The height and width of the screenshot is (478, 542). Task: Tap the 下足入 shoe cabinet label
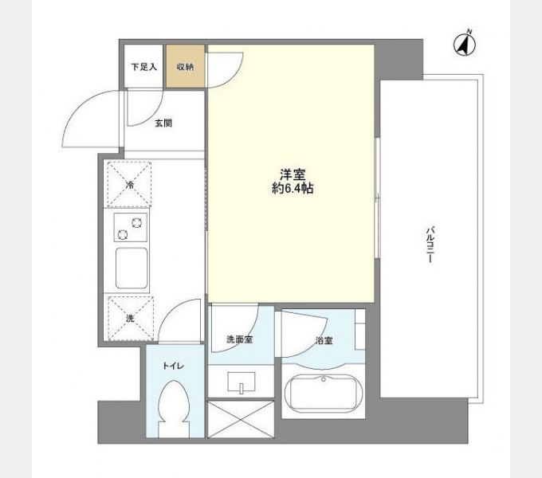pos(144,67)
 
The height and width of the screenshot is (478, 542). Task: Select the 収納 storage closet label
pos(186,67)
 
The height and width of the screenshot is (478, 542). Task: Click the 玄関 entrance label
pos(163,123)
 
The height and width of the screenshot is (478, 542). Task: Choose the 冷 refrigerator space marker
pos(130,185)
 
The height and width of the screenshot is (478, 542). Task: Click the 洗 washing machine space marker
pos(130,318)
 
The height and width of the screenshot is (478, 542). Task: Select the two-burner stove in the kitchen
pos(130,228)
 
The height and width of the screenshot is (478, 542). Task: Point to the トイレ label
pos(174,366)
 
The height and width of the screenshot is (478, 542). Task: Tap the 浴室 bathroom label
pos(324,341)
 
